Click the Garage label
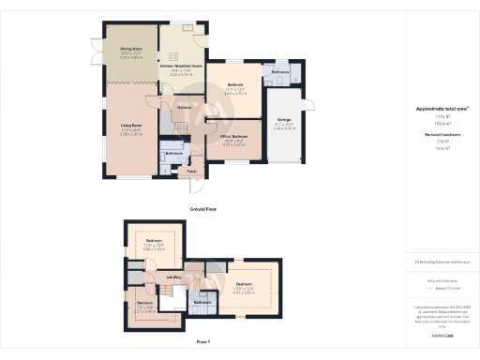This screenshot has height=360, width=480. tap(282, 120)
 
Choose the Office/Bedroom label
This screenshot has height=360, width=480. tap(233, 136)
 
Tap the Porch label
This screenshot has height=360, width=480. tap(192, 172)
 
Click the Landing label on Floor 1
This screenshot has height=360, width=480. tap(174, 277)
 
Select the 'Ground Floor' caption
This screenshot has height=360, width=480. tap(203, 208)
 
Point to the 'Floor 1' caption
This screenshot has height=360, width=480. tap(203, 343)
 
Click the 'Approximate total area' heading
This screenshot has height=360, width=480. tap(442, 109)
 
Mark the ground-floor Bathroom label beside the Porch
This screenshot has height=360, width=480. tap(174, 153)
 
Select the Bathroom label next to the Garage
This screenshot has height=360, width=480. tap(280, 71)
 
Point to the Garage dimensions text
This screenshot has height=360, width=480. tap(282, 126)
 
